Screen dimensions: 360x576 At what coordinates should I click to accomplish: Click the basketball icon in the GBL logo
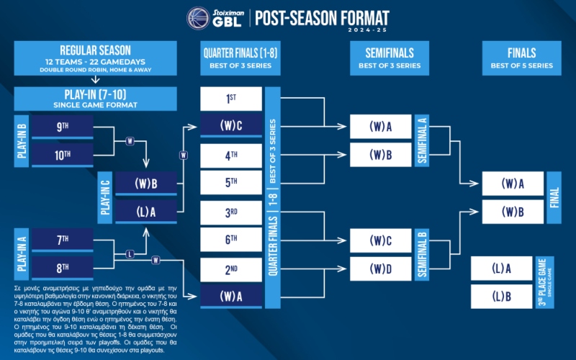click(x=199, y=19)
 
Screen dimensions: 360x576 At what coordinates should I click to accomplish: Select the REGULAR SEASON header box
click(x=95, y=57)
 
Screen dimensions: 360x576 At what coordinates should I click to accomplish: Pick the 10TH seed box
click(x=63, y=154)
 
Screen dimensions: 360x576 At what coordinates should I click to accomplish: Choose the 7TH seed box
click(x=63, y=239)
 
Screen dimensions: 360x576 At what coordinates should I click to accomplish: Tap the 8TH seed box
click(x=63, y=268)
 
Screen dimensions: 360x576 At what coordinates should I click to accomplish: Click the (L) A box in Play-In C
click(x=146, y=211)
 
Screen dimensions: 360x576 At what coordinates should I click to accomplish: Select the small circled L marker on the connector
click(x=130, y=253)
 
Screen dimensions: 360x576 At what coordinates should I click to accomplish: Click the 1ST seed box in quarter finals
click(x=230, y=98)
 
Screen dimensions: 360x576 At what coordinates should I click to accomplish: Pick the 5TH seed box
click(x=230, y=182)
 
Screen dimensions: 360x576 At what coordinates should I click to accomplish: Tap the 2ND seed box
click(x=230, y=270)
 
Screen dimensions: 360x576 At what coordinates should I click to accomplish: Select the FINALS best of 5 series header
click(x=521, y=58)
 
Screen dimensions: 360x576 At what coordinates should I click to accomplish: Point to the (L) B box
click(x=501, y=296)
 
